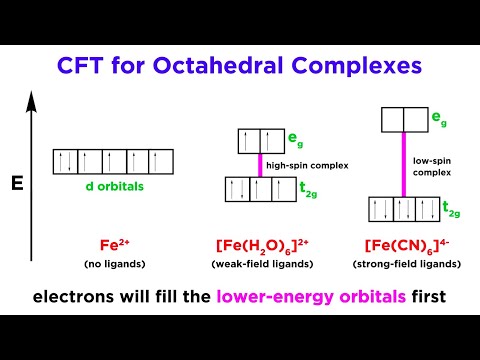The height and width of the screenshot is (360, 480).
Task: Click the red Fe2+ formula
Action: tap(100, 243)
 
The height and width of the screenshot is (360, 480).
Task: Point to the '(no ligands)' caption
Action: tap(100, 263)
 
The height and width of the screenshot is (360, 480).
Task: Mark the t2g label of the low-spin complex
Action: tap(452, 210)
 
